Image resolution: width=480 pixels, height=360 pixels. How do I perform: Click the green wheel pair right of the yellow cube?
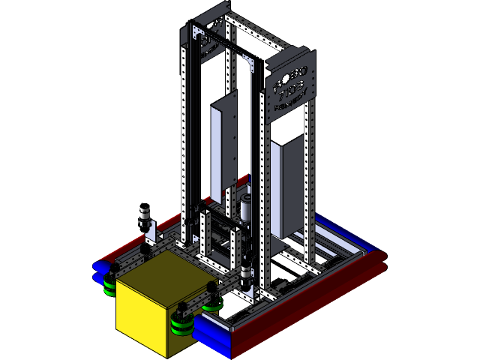pyautogui.click(x=181, y=324)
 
